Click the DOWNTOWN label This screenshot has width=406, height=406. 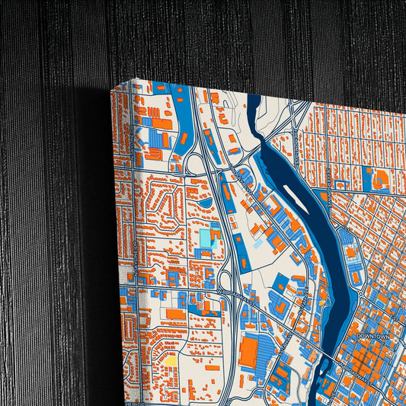(372, 335)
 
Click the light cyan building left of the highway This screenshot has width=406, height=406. (206, 238)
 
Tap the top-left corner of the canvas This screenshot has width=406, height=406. (113, 87)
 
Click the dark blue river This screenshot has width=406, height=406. (305, 213)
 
